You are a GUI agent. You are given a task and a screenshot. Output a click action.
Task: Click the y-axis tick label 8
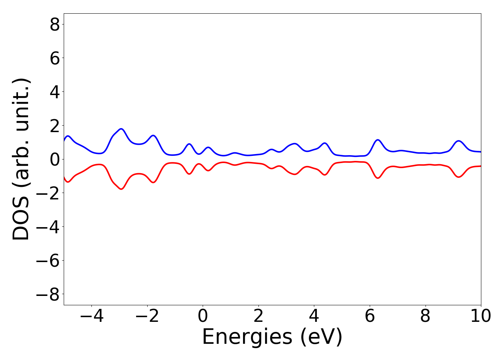(55, 24)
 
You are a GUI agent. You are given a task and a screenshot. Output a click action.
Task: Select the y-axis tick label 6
(55, 58)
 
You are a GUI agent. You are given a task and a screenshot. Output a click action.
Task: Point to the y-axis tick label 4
(55, 92)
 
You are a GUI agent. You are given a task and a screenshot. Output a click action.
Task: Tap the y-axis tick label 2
(55, 125)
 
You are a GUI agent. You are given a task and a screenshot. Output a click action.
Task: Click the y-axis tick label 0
(55, 159)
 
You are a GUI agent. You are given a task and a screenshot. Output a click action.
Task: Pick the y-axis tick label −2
(48, 193)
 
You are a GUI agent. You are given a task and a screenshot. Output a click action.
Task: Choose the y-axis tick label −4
(48, 227)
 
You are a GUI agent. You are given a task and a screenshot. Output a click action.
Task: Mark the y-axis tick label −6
(48, 260)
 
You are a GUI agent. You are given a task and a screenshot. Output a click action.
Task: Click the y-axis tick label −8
(48, 294)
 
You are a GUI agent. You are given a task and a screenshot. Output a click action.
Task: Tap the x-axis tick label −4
(91, 316)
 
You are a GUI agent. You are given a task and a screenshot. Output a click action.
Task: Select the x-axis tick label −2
(147, 316)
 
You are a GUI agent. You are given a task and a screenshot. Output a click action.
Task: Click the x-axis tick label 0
(203, 316)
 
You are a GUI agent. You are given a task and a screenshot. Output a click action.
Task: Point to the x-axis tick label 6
(370, 316)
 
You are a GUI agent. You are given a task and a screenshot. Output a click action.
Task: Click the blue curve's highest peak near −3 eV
(121, 129)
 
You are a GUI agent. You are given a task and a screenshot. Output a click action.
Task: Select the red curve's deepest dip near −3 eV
(121, 189)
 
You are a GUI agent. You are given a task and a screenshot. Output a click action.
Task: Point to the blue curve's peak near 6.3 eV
(378, 140)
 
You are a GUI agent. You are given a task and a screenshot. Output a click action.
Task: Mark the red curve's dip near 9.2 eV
(458, 177)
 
